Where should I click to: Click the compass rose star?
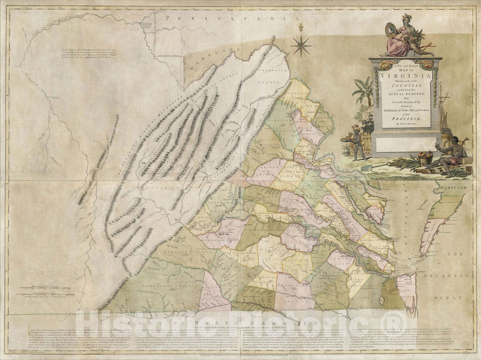point(301,46)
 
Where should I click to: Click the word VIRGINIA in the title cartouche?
point(403,75)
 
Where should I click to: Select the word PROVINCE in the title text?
point(403,119)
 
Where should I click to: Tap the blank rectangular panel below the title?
point(403,143)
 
